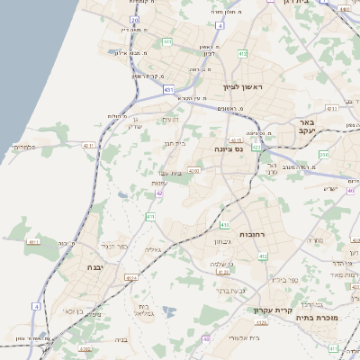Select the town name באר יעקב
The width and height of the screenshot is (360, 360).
[307, 126]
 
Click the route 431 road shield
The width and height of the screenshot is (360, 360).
[168, 89]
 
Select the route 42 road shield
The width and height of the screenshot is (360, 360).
[159, 193]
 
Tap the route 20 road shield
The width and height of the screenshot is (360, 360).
[134, 19]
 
